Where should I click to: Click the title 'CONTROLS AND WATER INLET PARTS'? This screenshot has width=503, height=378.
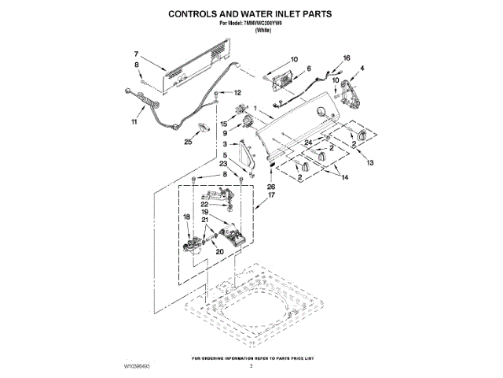click(x=251, y=13)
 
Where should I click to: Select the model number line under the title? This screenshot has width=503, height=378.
click(x=251, y=24)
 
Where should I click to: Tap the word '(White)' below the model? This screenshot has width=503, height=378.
click(x=251, y=31)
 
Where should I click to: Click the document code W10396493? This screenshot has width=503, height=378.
click(x=137, y=367)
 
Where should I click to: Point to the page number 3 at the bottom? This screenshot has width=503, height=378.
click(x=251, y=367)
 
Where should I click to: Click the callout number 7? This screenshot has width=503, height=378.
click(x=136, y=54)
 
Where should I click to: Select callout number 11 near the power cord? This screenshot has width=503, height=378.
click(x=134, y=123)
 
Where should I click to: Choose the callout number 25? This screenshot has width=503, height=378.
click(x=188, y=143)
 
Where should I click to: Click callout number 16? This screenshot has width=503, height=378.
click(x=347, y=58)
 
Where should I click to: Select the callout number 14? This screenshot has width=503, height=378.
click(x=343, y=178)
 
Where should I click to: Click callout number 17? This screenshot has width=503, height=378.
click(x=272, y=195)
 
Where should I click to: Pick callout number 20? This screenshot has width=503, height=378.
click(x=220, y=252)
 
